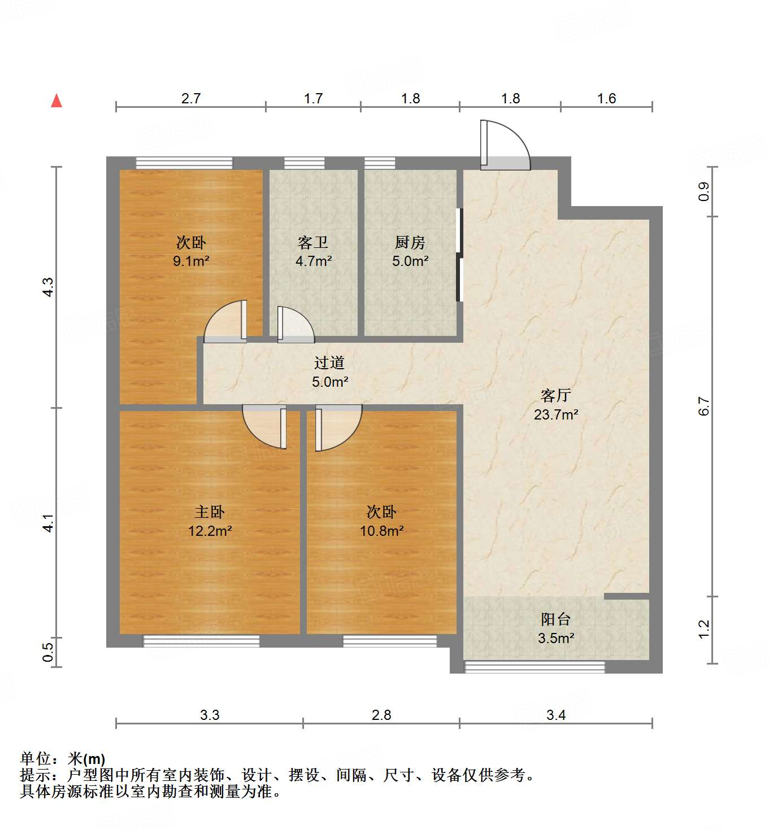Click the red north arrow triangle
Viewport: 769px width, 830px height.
tap(57, 101)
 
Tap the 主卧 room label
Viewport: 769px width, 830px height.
tap(209, 512)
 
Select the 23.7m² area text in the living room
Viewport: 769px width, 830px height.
tap(555, 415)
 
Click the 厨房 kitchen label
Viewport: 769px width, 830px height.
tap(410, 243)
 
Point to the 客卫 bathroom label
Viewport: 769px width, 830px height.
tap(313, 243)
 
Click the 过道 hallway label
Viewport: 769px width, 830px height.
tap(329, 363)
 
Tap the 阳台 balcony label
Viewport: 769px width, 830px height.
tap(555, 619)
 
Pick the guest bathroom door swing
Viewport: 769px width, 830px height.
tap(294, 325)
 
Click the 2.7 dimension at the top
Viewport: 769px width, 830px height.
tap(191, 99)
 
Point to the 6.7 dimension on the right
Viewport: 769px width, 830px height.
tap(704, 407)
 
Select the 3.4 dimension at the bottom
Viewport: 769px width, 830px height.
tap(555, 715)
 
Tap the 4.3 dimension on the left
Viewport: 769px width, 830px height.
tap(49, 287)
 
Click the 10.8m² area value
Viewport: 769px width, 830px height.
tap(381, 531)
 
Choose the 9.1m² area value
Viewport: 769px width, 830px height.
tap(191, 261)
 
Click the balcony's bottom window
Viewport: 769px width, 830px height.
tap(535, 667)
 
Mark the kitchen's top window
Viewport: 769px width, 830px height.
tap(380, 163)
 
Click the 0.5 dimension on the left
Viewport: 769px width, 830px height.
tap(49, 653)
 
